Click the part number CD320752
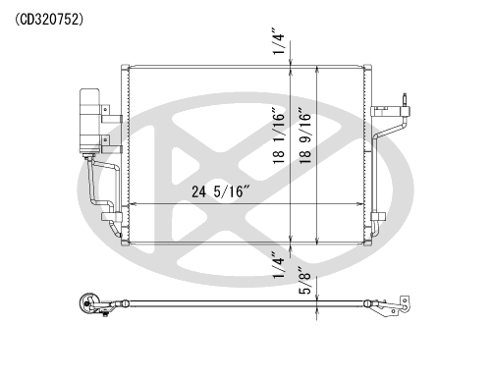(49, 20)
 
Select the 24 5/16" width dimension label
(221, 191)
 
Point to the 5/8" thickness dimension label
(305, 282)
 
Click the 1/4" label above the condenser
(279, 43)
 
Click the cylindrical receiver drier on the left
(89, 121)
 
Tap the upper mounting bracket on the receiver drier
(111, 114)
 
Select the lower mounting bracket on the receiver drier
(111, 144)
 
